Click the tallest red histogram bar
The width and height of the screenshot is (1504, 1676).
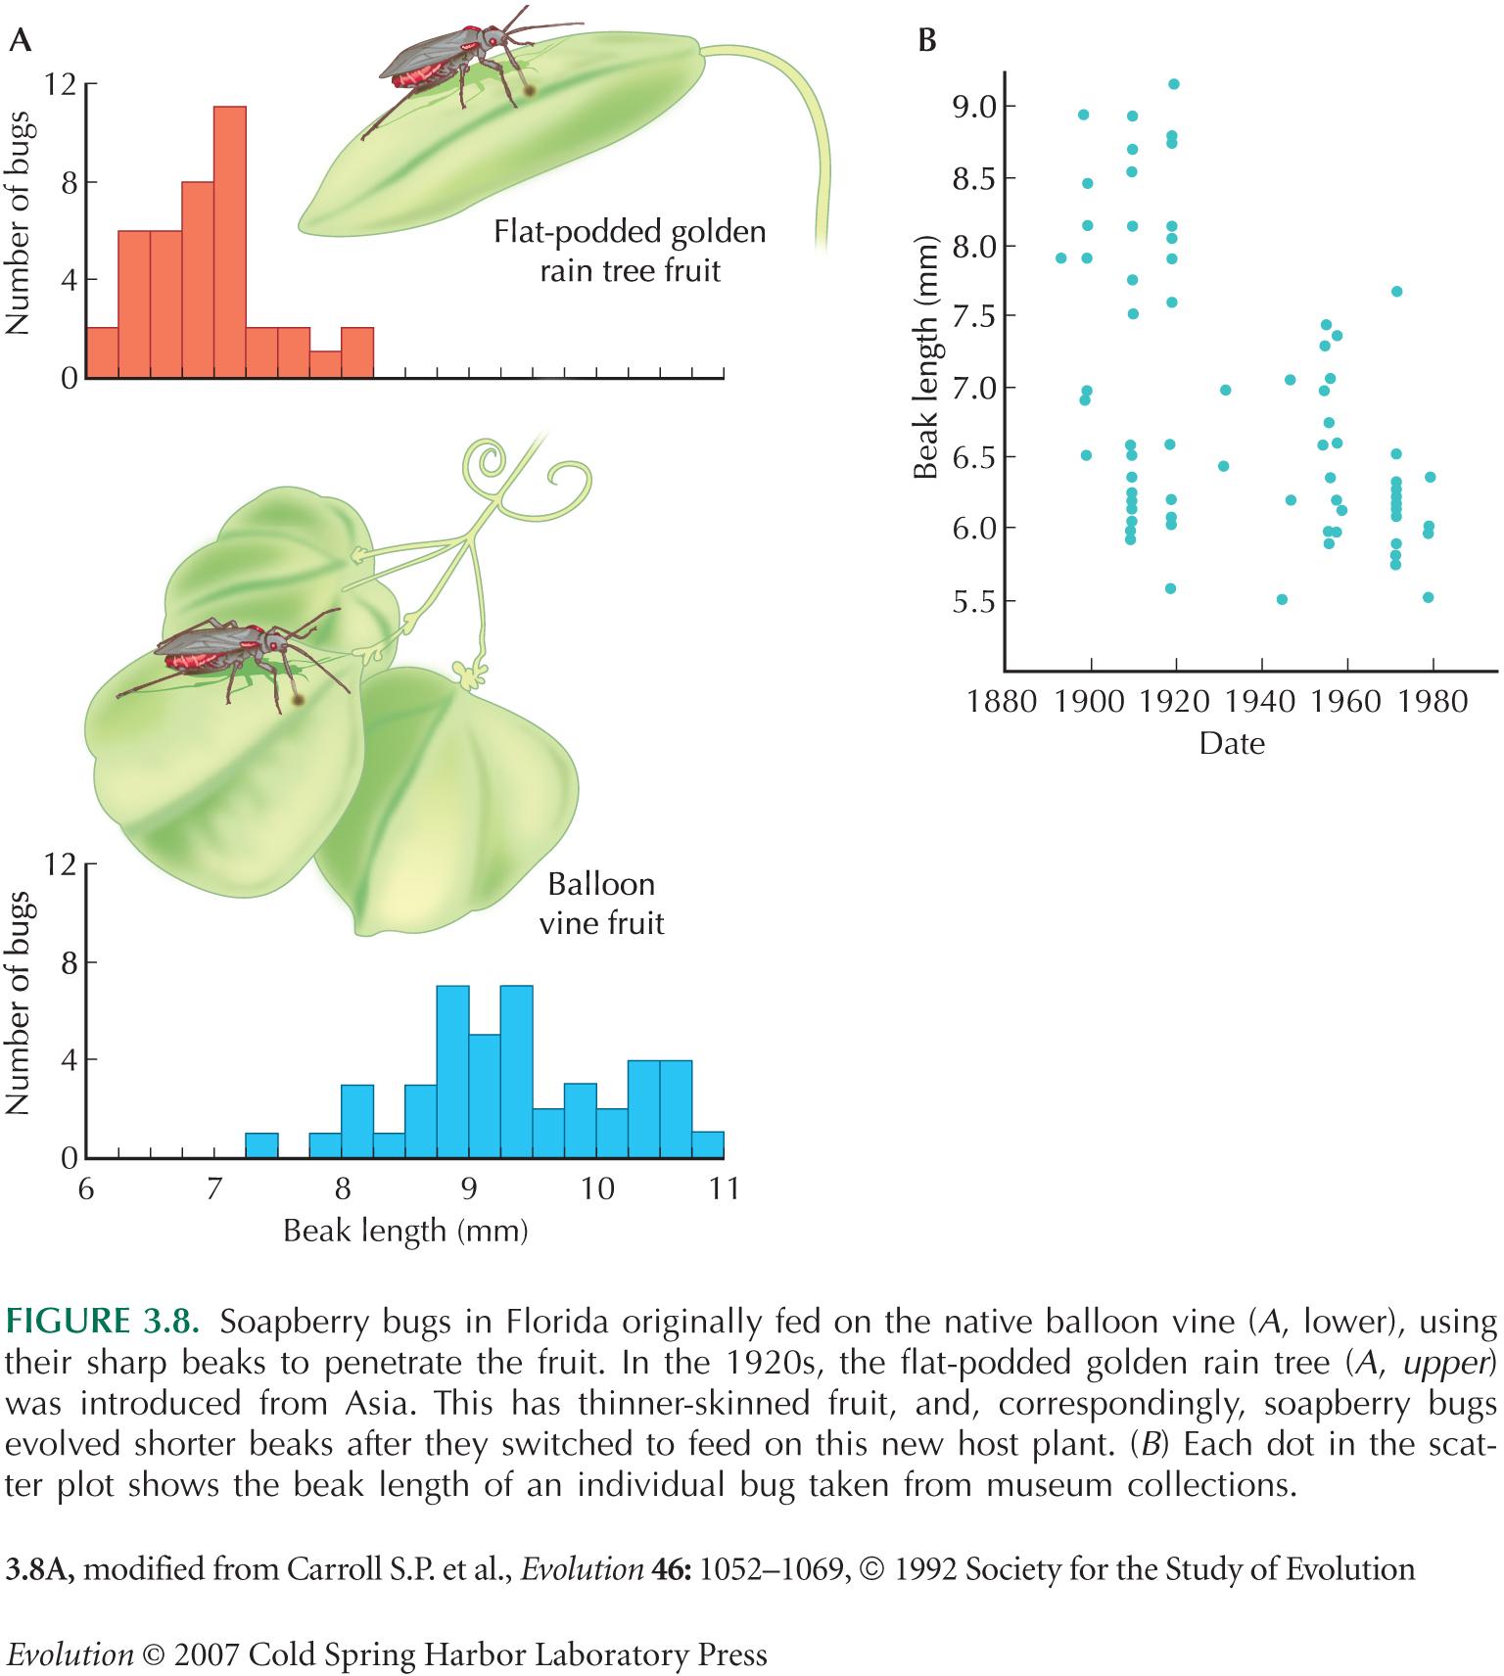click(x=229, y=241)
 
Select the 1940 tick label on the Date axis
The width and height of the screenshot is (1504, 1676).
click(x=1260, y=702)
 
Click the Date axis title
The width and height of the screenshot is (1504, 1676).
click(x=1231, y=744)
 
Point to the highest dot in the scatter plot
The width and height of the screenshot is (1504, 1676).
click(x=1174, y=84)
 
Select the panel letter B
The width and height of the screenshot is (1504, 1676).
click(x=926, y=40)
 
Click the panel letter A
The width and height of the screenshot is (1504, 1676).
click(x=18, y=40)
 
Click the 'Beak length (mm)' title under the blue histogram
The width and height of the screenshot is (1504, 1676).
click(x=404, y=1231)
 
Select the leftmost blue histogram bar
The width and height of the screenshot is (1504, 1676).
click(x=261, y=1145)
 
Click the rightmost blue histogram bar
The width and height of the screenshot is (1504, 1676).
click(x=707, y=1145)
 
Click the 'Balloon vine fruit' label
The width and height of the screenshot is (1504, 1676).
click(x=601, y=904)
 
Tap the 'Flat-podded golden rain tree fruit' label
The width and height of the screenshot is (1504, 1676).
click(x=629, y=251)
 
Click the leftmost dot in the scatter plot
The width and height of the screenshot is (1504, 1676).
click(x=1060, y=258)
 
